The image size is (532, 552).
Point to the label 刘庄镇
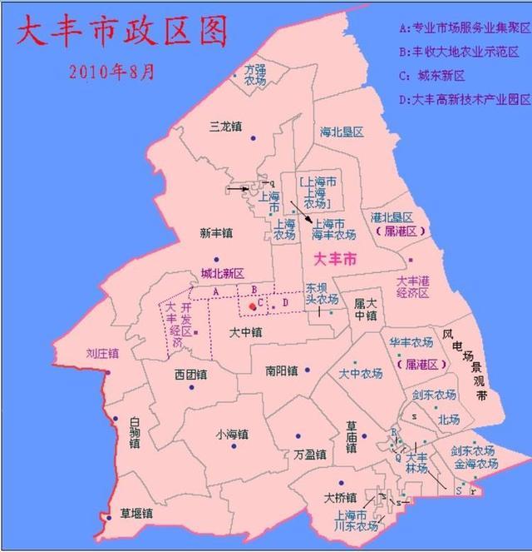pos(102,353)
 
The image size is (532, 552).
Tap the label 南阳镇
pos(281,370)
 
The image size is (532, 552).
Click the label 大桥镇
pos(340,498)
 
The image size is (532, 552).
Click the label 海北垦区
pos(342,132)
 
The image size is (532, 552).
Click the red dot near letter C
pos(253,306)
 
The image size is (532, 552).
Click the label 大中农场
pos(361,375)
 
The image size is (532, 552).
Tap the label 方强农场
pos(255,76)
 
